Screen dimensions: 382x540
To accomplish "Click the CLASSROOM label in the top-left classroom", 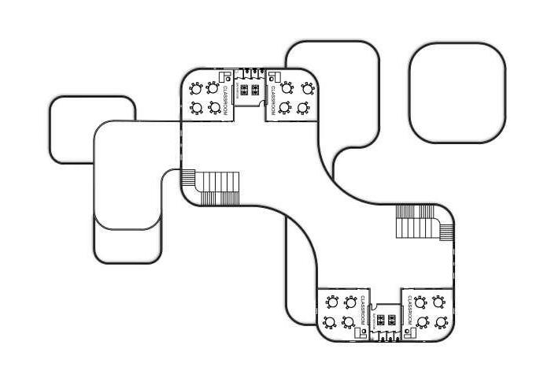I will point(225,100).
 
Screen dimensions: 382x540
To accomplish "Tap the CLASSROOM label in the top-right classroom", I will point(273,100).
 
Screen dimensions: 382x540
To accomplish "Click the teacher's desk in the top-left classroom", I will point(224,77).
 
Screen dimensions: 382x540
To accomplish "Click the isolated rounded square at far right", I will point(457,93).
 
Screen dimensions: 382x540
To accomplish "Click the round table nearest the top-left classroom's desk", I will point(214,87).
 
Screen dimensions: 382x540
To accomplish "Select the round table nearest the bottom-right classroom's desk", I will point(423,322).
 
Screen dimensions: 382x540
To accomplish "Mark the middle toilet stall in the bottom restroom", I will point(386,337).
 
